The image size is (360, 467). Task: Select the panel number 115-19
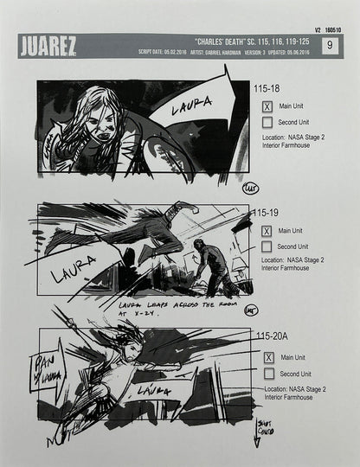266,212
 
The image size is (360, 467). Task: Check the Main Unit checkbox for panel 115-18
267,106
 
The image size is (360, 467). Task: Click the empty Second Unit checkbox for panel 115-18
267,123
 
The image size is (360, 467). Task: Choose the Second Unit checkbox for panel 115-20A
267,374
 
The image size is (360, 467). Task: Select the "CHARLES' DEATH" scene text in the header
203,40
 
